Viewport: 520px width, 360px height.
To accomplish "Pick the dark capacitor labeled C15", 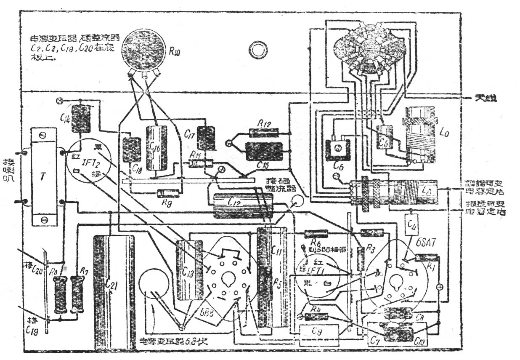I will pyautogui.click(x=264, y=151).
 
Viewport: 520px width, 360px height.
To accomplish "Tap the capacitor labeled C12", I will pyautogui.click(x=243, y=206).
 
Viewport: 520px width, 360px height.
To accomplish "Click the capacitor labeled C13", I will pyautogui.click(x=189, y=270).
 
